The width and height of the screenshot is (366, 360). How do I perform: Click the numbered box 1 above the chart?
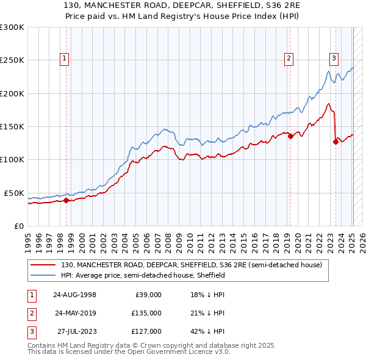(65, 59)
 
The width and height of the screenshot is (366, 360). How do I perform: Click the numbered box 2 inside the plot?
(288, 59)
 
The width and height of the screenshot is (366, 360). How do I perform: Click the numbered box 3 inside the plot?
(334, 59)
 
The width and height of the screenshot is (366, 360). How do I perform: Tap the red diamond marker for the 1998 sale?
(66, 200)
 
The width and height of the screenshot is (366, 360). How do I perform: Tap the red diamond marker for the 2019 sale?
(290, 137)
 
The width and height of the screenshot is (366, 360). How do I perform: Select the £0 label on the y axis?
(18, 226)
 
